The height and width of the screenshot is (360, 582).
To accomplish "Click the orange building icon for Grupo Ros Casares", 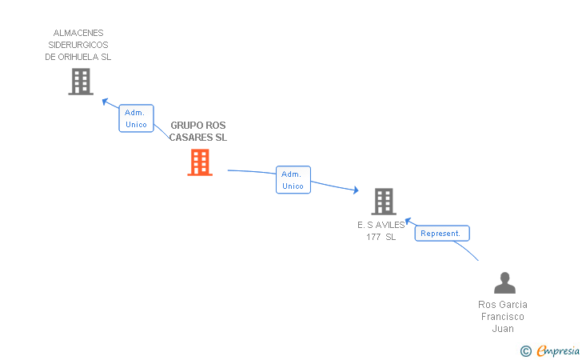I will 200,162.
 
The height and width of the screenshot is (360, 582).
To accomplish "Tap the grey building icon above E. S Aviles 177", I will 384,202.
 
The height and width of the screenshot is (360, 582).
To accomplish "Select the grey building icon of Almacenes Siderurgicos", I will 80,82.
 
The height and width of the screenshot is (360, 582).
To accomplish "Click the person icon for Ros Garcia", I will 504,283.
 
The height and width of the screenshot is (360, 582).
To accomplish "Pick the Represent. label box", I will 441,234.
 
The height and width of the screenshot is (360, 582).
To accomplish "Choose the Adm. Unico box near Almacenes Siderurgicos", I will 136,118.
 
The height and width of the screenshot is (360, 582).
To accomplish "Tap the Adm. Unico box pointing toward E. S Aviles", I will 293,180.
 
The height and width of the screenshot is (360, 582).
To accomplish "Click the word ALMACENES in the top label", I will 78,34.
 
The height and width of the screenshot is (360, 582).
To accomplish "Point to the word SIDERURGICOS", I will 78,46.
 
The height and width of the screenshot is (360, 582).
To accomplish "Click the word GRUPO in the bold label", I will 186,126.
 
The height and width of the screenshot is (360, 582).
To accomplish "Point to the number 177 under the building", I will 373,237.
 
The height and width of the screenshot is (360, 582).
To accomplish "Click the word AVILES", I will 389,225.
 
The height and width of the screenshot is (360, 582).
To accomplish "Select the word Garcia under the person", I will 513,305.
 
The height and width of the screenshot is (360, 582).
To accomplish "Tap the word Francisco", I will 503,317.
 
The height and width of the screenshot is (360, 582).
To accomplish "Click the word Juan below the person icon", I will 503,329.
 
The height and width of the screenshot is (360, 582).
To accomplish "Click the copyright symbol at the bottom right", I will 525,350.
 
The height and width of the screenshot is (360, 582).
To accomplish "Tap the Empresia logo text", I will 558,350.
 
